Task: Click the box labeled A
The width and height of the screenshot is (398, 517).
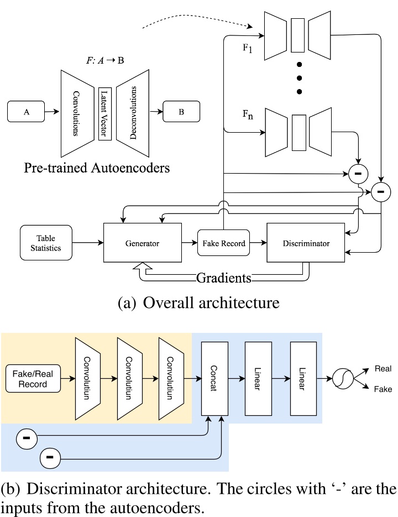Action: [27, 112]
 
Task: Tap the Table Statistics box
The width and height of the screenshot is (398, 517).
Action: [45, 242]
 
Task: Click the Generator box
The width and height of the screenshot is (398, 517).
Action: [143, 243]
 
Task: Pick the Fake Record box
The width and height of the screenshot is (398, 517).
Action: [224, 243]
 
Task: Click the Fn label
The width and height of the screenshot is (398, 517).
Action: [247, 116]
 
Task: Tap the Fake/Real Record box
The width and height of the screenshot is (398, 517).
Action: [33, 378]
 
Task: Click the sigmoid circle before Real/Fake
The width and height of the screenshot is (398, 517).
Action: [343, 378]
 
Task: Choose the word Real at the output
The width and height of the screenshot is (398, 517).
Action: [383, 368]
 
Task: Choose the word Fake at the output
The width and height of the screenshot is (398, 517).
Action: [383, 389]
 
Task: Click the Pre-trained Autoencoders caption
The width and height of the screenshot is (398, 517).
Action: [97, 167]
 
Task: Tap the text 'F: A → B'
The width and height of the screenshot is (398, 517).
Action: [105, 60]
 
